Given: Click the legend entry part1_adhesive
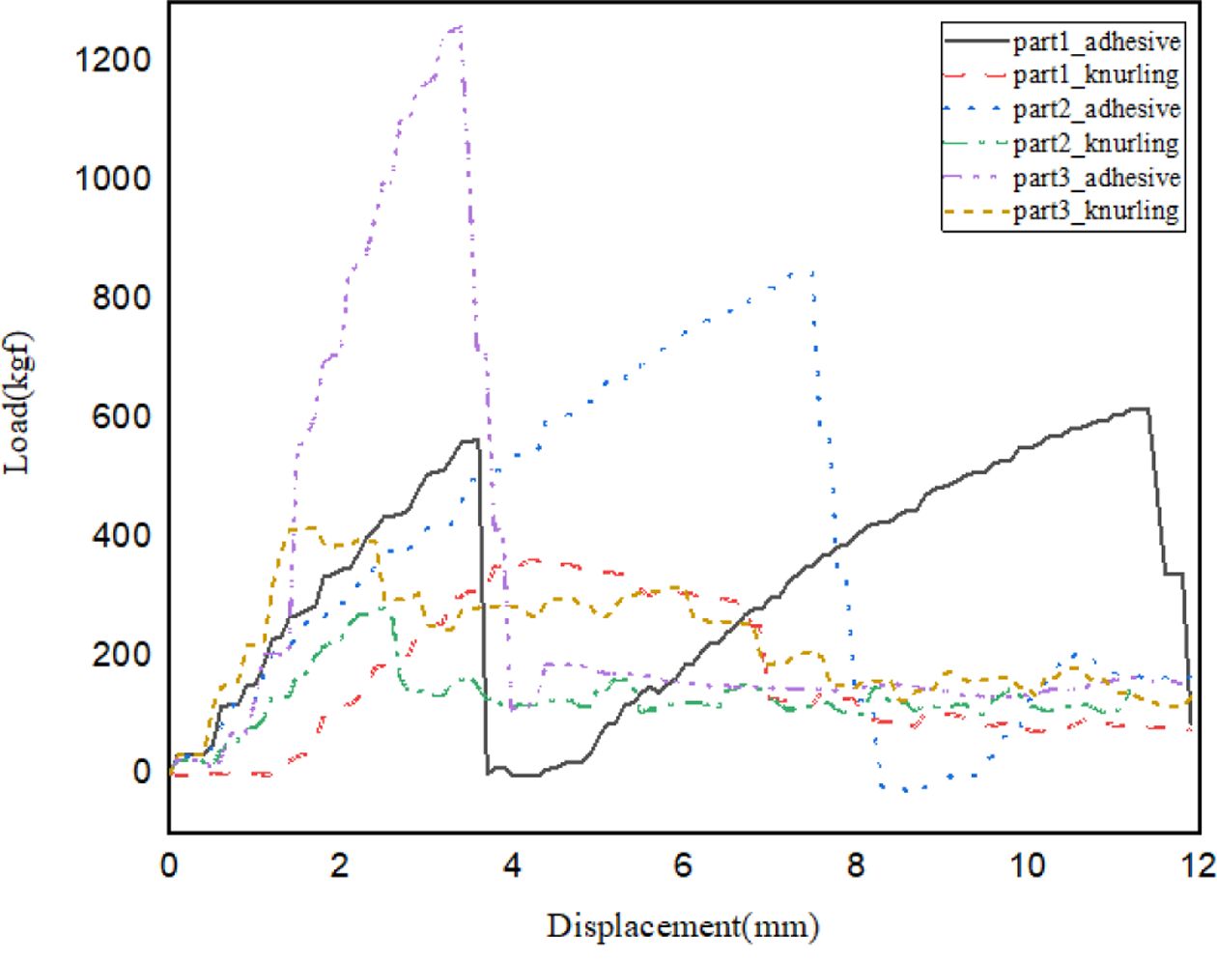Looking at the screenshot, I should pyautogui.click(x=1096, y=42).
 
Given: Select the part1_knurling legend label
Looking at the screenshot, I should pyautogui.click(x=1096, y=75).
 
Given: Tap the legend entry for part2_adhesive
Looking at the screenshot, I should pyautogui.click(x=1096, y=109).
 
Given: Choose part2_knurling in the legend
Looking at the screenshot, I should pyautogui.click(x=1096, y=144).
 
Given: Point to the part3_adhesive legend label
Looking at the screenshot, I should pyautogui.click(x=1096, y=178).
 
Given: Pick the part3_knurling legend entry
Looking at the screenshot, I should pyautogui.click(x=1096, y=212).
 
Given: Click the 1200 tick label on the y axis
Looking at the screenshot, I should pyautogui.click(x=113, y=60).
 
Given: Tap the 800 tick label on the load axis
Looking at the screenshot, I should pyautogui.click(x=122, y=297).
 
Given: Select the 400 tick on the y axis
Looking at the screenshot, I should pyautogui.click(x=122, y=534).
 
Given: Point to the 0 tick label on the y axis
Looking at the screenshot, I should pyautogui.click(x=142, y=772).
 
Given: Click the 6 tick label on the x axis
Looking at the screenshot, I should pyautogui.click(x=684, y=864).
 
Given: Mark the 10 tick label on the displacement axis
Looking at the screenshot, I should pyautogui.click(x=1028, y=864).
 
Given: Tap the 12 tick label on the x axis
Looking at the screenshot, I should pyautogui.click(x=1198, y=864).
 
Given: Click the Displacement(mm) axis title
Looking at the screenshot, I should pyautogui.click(x=683, y=927).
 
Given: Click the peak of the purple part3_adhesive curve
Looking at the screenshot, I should pyautogui.click(x=460, y=27).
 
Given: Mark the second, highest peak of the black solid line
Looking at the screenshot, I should pyautogui.click(x=1142, y=409).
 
